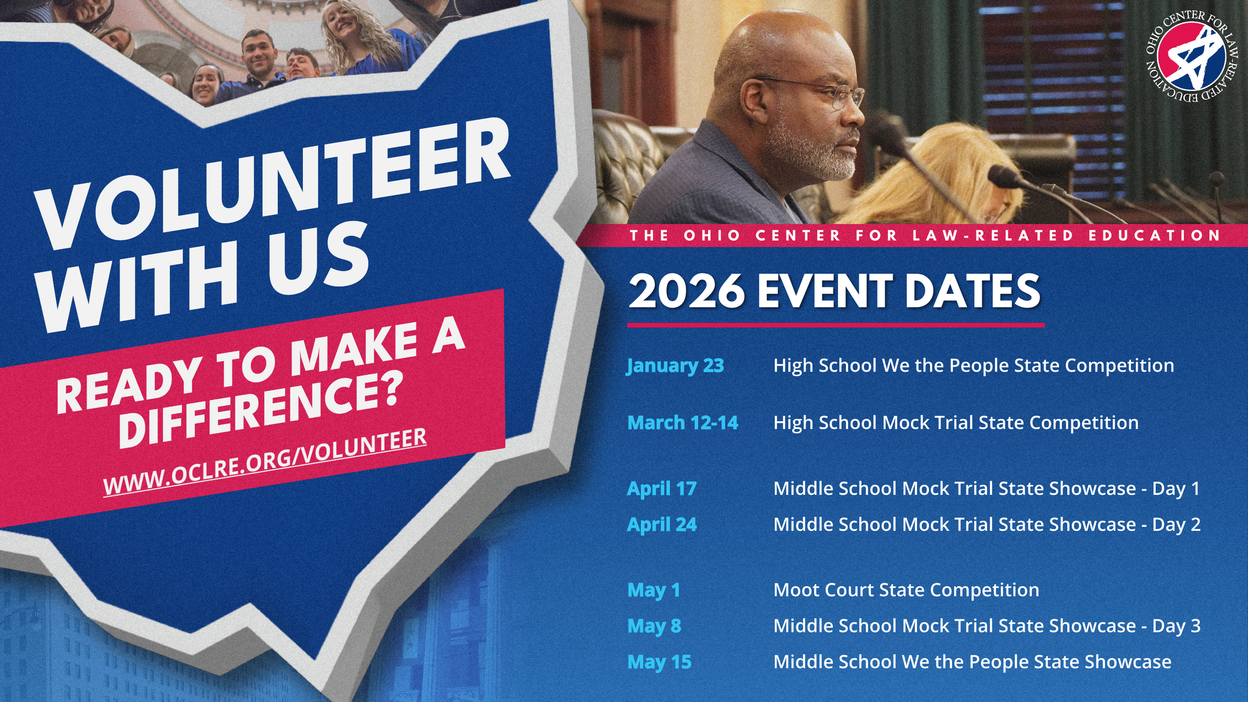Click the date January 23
point(675,366)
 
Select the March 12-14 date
point(682,423)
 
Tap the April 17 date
point(662,489)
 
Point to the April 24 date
point(662,525)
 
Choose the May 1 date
point(653,590)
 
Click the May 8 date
point(654,626)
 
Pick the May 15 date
point(659,662)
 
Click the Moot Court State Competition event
point(906,590)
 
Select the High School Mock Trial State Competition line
point(956,423)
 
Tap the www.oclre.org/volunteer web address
point(265,462)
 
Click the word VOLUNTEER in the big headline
point(272,183)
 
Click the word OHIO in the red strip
point(712,236)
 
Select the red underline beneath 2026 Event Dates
point(835,325)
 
